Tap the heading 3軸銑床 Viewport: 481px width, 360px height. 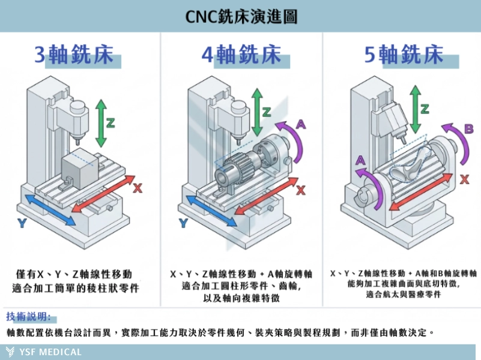pos(73,55)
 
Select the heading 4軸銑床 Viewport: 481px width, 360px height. pos(241,55)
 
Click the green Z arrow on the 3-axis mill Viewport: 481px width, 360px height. pos(101,122)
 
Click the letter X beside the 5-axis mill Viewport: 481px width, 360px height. pos(464,179)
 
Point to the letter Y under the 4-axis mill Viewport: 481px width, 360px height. pos(184,224)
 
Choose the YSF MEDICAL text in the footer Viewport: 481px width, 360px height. pos(50,352)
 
